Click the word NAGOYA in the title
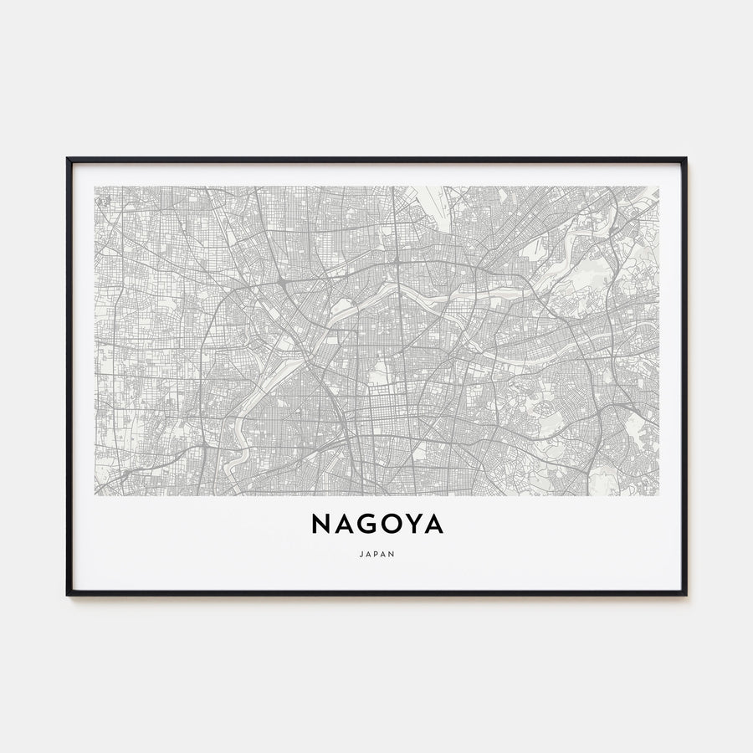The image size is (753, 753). (x=377, y=524)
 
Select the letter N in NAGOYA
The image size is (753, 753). (x=321, y=524)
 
